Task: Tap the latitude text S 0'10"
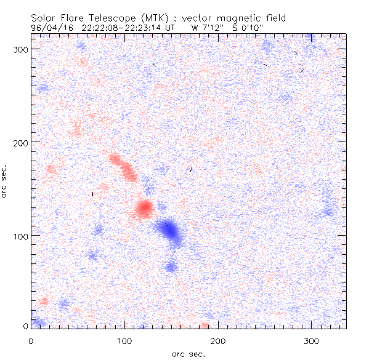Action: (249, 27)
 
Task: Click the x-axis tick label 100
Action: (124, 340)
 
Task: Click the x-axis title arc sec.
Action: (188, 353)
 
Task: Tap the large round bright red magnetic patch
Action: (144, 209)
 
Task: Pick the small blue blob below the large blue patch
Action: (171, 266)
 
